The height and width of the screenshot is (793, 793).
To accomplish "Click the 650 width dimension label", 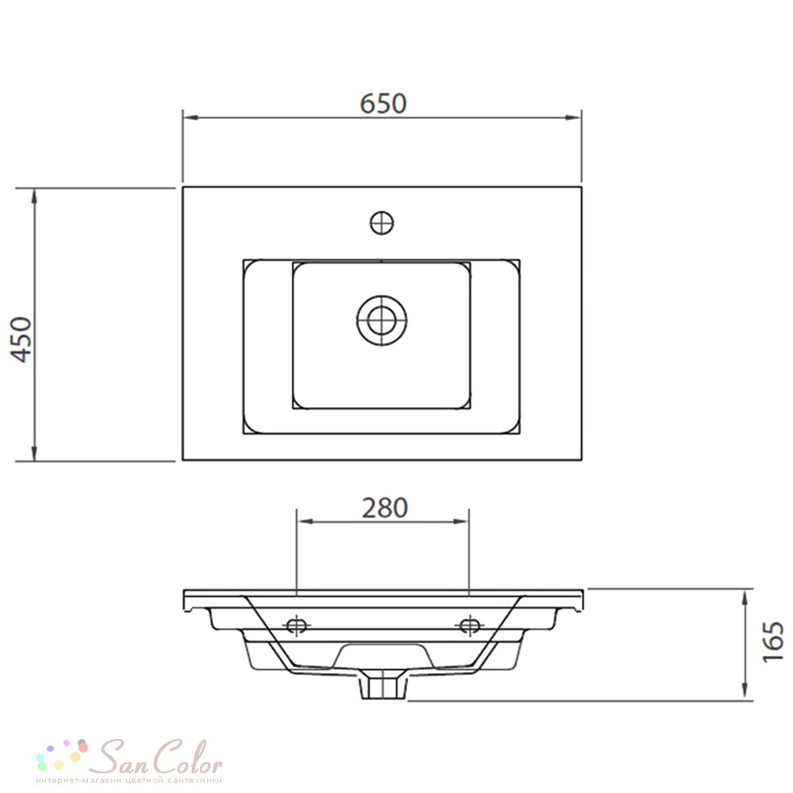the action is [383, 103].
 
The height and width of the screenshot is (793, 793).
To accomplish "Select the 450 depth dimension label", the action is [21, 340].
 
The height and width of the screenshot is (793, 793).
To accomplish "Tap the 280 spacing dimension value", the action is [385, 508].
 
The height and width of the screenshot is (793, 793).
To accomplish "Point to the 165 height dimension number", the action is [772, 642].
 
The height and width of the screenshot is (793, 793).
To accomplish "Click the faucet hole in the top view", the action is [382, 223].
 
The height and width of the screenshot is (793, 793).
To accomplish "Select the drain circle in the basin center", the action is [382, 320].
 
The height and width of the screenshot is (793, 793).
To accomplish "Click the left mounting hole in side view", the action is [297, 626].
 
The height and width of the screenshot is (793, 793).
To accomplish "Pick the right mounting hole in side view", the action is [469, 626].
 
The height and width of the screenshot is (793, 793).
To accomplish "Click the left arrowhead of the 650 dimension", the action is [190, 117].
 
